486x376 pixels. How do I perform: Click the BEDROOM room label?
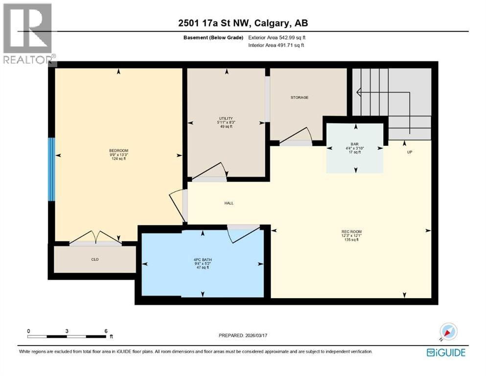click(x=119, y=151)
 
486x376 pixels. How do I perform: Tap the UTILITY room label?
click(x=226, y=118)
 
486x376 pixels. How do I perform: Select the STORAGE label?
click(x=300, y=97)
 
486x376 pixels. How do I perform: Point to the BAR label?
click(x=354, y=144)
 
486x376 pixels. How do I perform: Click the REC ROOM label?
click(x=351, y=232)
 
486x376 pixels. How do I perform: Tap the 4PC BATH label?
click(x=203, y=260)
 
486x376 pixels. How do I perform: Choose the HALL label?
click(x=229, y=203)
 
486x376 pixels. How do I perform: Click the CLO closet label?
click(x=95, y=259)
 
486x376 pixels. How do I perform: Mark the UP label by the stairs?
click(x=410, y=152)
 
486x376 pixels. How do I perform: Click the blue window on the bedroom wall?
click(x=51, y=169)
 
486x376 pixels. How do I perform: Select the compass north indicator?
click(x=448, y=332)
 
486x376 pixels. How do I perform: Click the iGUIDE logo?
click(x=446, y=352)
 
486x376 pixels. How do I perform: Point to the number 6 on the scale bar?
click(x=106, y=331)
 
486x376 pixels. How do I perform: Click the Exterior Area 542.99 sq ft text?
click(x=277, y=38)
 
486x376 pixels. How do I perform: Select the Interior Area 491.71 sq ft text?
click(x=276, y=45)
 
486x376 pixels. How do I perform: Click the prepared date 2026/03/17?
click(x=256, y=335)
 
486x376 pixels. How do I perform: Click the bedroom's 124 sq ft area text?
click(x=119, y=159)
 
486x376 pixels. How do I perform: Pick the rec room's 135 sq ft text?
click(x=351, y=239)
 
